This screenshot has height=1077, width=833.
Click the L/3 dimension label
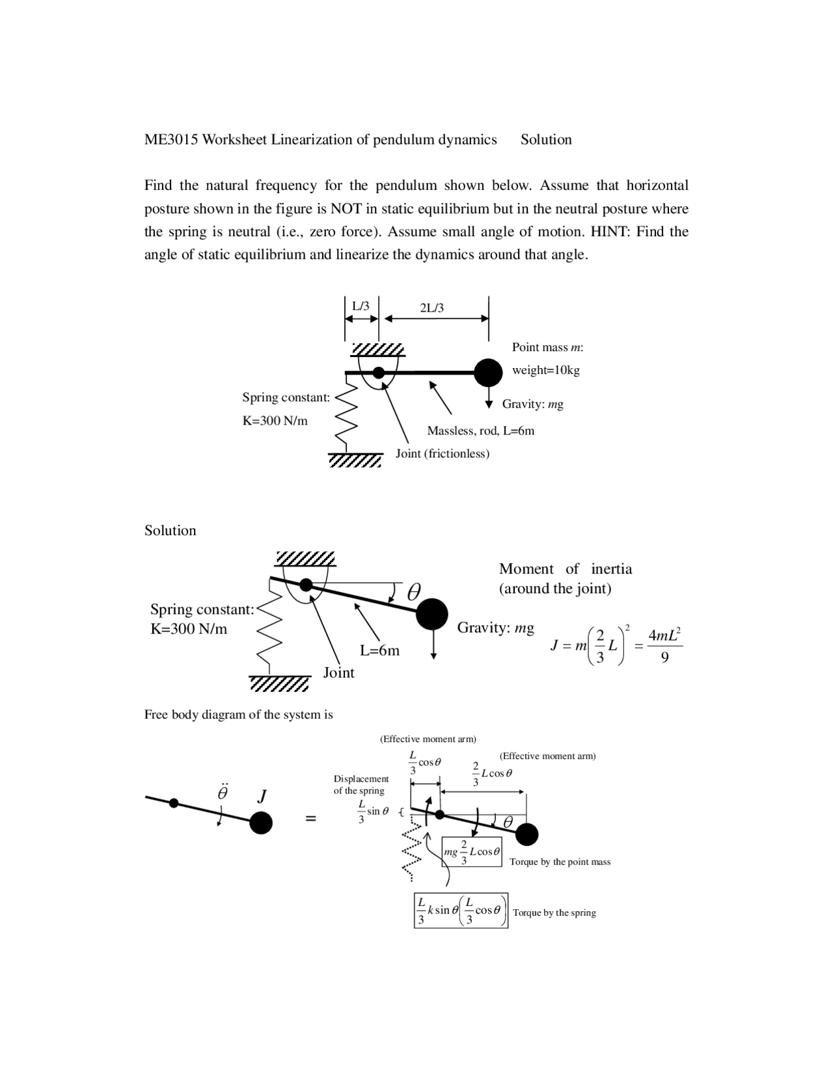(361, 306)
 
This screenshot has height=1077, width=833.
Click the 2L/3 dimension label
(432, 308)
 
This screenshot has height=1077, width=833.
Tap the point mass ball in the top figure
(488, 373)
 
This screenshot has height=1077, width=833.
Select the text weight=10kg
(545, 370)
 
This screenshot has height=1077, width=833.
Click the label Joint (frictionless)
(443, 453)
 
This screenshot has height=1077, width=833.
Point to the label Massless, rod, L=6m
(480, 431)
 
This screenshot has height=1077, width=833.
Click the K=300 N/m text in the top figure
(275, 420)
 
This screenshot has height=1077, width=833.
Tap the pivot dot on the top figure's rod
(379, 373)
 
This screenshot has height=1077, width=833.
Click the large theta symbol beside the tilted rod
(414, 592)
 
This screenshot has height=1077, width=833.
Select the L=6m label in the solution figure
(380, 650)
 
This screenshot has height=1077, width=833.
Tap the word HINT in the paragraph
(610, 232)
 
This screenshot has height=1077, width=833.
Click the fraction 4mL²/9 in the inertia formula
(664, 646)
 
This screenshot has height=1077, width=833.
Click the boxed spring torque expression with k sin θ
(461, 911)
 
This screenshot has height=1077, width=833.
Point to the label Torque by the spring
(554, 912)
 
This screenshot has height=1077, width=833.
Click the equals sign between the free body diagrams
(311, 818)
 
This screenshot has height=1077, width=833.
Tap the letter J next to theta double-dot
(262, 796)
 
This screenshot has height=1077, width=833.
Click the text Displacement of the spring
(361, 784)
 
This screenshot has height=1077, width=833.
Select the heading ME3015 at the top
(171, 140)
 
